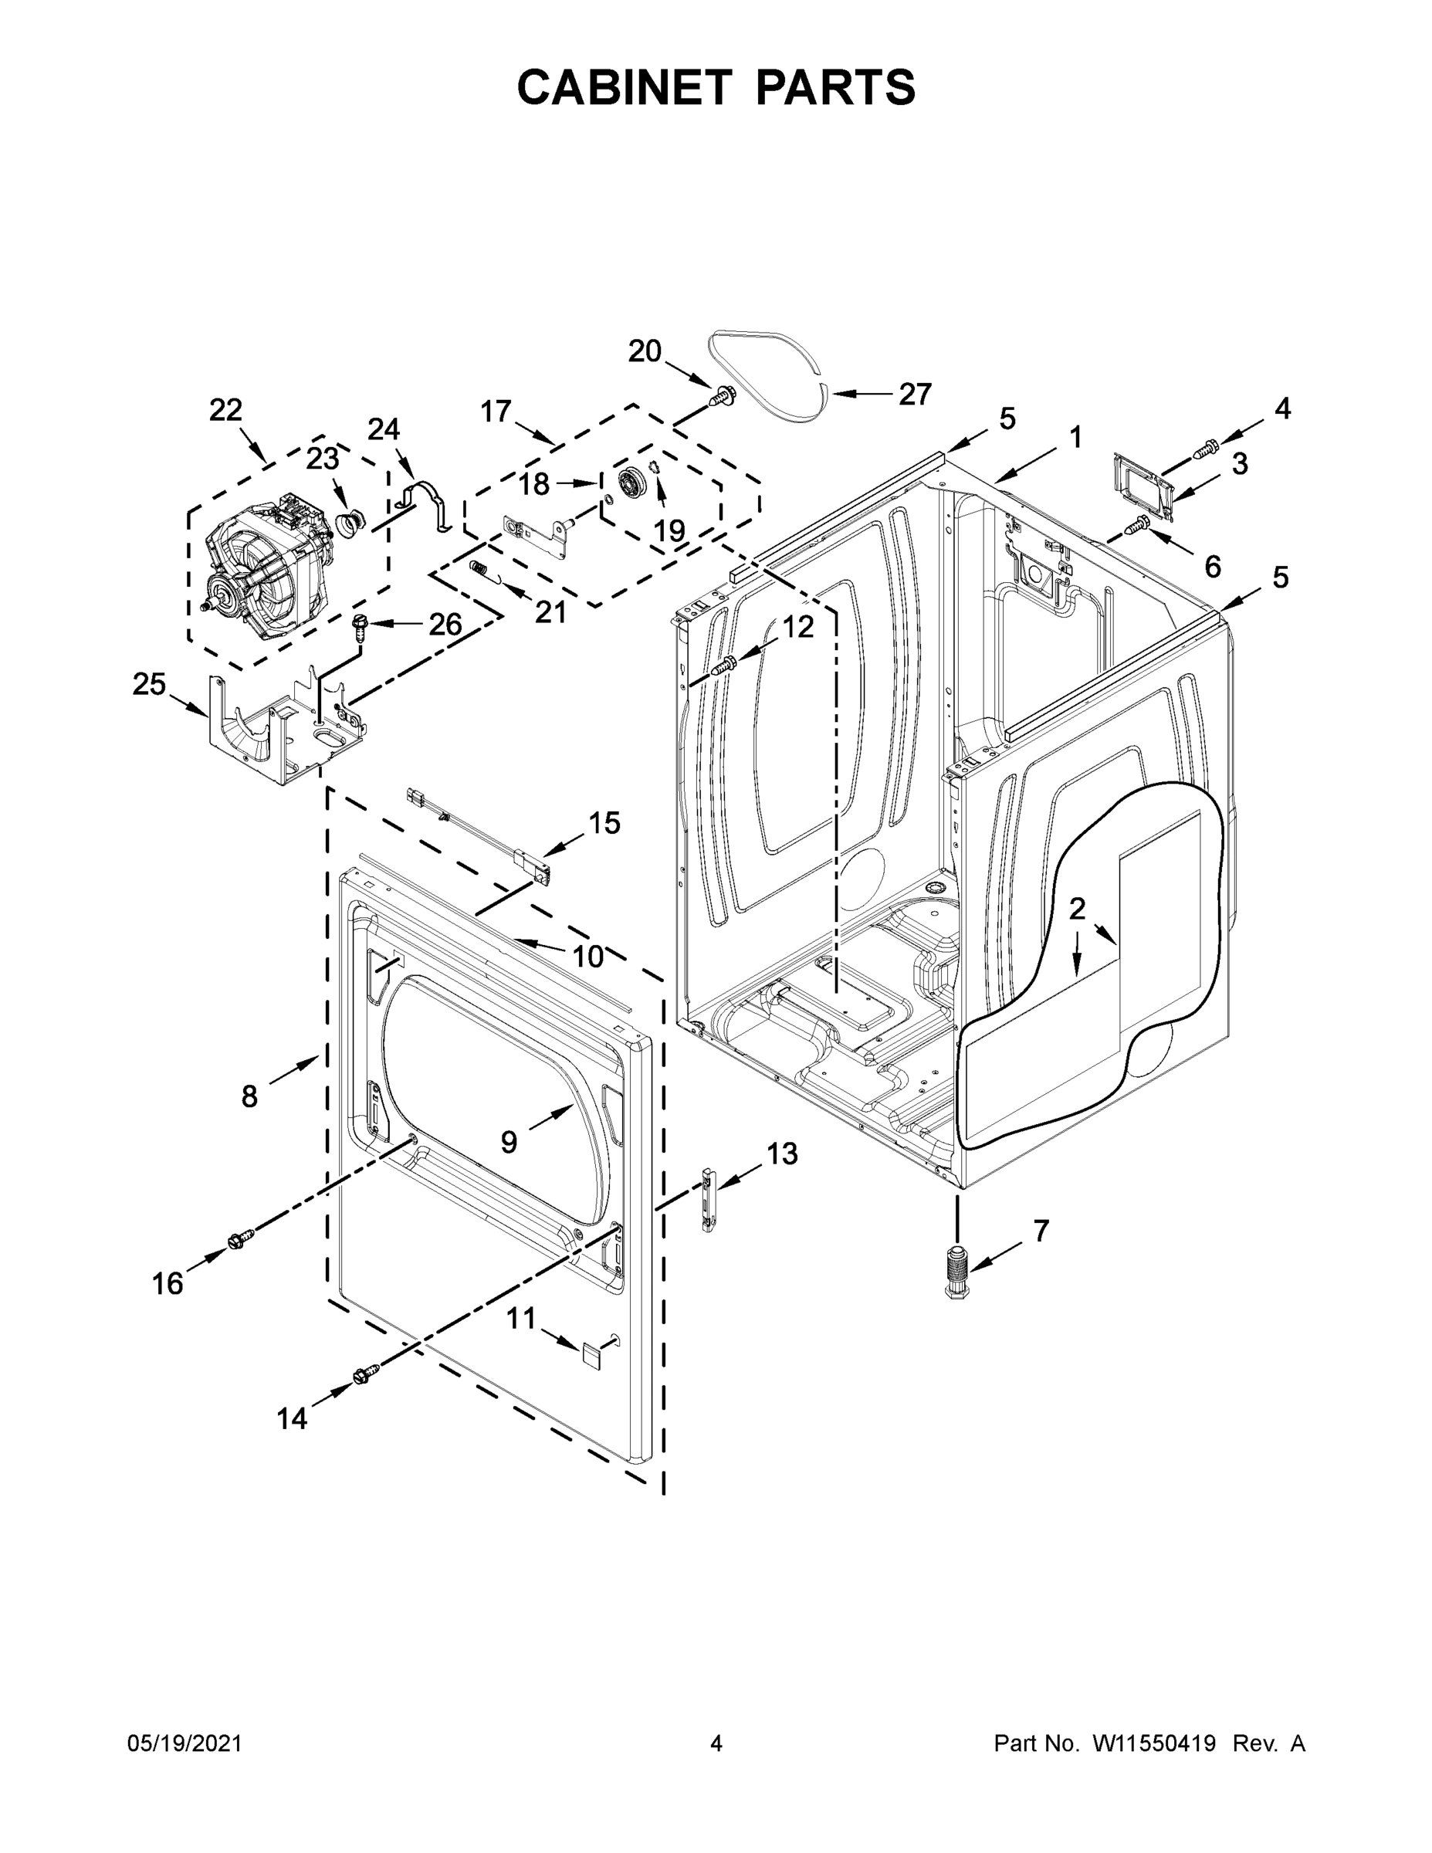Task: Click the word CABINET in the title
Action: click(x=625, y=87)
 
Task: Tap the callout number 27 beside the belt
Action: click(x=915, y=394)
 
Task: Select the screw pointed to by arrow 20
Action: click(x=723, y=395)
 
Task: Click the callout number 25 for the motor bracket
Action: click(x=148, y=684)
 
